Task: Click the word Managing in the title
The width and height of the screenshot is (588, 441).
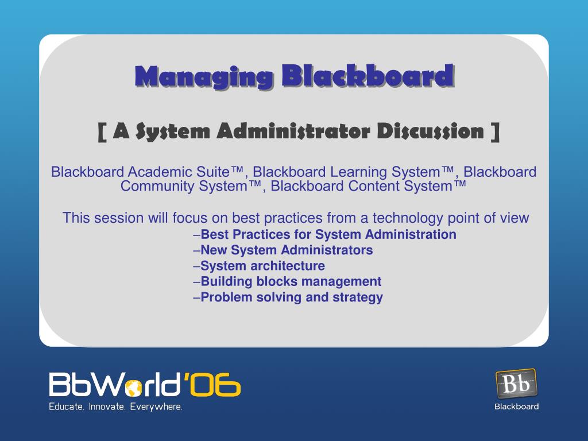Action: [204, 78]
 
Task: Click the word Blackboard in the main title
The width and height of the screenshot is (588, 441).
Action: [368, 76]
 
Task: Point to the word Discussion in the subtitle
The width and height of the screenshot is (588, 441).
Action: [431, 131]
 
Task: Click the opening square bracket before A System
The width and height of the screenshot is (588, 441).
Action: [102, 133]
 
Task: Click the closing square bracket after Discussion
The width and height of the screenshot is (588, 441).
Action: [496, 133]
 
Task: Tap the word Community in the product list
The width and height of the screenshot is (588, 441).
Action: [157, 186]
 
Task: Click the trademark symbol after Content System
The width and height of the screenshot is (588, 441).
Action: [460, 184]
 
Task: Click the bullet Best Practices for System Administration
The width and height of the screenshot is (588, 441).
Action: [325, 234]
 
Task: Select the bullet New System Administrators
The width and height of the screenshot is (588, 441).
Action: [283, 250]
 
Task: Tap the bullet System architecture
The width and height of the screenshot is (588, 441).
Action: [259, 266]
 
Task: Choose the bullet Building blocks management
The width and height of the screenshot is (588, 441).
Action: [287, 281]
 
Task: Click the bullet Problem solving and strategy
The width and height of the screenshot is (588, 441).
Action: [288, 297]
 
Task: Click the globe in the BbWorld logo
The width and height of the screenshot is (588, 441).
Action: [134, 388]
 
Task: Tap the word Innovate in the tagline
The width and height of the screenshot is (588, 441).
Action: [107, 407]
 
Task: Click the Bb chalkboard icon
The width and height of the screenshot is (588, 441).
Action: [516, 383]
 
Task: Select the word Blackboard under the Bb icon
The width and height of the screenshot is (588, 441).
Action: [517, 407]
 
